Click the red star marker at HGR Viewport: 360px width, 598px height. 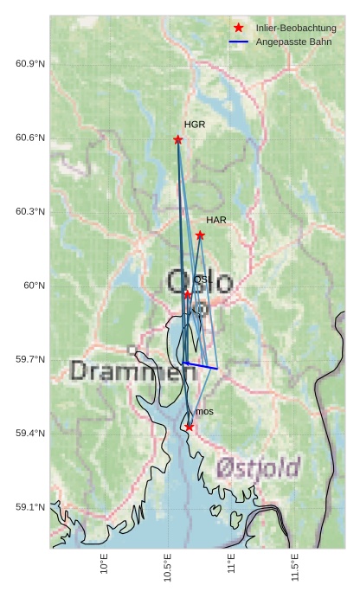pyautogui.click(x=178, y=140)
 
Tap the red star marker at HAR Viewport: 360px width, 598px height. pyautogui.click(x=200, y=235)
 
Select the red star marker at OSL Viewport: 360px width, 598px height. pyautogui.click(x=188, y=295)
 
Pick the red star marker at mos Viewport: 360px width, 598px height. pyautogui.click(x=190, y=427)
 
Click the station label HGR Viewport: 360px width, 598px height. pyautogui.click(x=195, y=125)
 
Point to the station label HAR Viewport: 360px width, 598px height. pyautogui.click(x=216, y=220)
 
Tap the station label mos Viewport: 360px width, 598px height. pyautogui.click(x=204, y=411)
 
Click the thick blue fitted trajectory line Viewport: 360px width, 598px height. pyautogui.click(x=201, y=366)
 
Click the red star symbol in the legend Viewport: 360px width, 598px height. pyautogui.click(x=239, y=28)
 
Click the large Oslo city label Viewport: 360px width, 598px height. pyautogui.click(x=199, y=281)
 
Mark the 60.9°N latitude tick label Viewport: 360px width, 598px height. pyautogui.click(x=30, y=65)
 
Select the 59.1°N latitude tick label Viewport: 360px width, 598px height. pyautogui.click(x=30, y=507)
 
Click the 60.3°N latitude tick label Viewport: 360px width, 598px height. pyautogui.click(x=30, y=212)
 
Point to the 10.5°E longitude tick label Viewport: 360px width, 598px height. pyautogui.click(x=168, y=568)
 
